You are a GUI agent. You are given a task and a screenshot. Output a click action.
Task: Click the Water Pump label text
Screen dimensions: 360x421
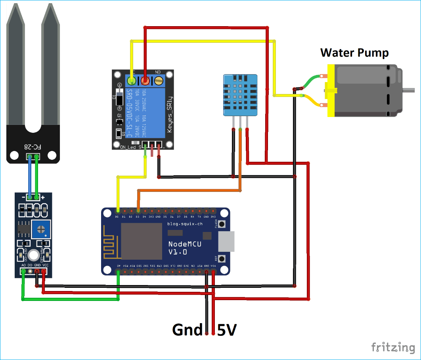pyautogui.click(x=354, y=53)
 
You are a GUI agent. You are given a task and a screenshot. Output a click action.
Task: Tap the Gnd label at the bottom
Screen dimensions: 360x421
pyautogui.click(x=187, y=330)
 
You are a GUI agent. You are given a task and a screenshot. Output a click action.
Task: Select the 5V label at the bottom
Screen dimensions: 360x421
pyautogui.click(x=227, y=330)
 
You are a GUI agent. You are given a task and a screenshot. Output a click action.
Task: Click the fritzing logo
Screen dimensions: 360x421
pyautogui.click(x=393, y=347)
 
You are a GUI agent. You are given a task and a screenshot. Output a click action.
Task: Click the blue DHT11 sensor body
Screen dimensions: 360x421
pyautogui.click(x=240, y=94)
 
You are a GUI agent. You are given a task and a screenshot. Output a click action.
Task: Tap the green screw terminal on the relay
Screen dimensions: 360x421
pyautogui.click(x=131, y=81)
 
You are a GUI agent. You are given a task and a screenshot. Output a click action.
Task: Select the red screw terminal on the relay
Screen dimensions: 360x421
pyautogui.click(x=145, y=81)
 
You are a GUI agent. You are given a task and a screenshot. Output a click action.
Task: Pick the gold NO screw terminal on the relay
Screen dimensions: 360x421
pyautogui.click(x=159, y=81)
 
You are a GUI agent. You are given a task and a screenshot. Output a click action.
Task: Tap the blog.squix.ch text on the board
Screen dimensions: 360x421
pyautogui.click(x=185, y=224)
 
